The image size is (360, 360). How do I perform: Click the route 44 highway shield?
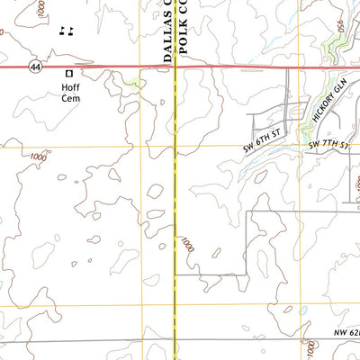click(x=35, y=67)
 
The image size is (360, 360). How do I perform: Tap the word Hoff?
click(x=69, y=87)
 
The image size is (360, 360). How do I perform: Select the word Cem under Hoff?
click(x=70, y=98)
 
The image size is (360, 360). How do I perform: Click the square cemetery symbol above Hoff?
click(x=67, y=73)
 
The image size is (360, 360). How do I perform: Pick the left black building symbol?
click(x=61, y=31)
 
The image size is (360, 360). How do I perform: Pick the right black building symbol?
click(x=70, y=31)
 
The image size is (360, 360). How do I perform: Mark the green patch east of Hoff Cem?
click(x=133, y=83)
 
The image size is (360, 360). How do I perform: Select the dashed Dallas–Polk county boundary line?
click(x=173, y=225)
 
